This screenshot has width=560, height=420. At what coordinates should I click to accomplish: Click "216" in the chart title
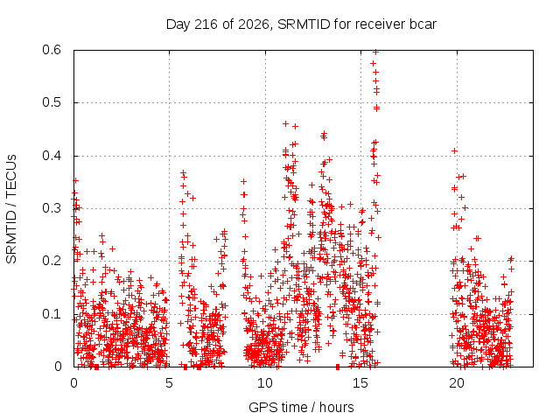[x=206, y=24]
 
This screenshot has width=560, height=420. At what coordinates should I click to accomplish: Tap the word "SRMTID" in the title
[x=304, y=24]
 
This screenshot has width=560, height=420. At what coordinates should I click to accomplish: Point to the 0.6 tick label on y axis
[x=52, y=50]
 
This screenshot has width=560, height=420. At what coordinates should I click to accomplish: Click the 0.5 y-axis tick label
[x=52, y=102]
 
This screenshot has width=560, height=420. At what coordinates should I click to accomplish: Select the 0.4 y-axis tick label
[x=52, y=156]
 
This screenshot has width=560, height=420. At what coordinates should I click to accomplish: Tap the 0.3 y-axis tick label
[x=52, y=208]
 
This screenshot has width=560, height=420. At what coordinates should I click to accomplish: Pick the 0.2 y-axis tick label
[x=52, y=261]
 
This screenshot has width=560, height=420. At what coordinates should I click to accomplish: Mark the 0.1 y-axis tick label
[x=52, y=314]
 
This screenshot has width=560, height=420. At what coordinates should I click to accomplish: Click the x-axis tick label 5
[x=169, y=383]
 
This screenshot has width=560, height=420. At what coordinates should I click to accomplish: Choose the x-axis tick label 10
[x=265, y=383]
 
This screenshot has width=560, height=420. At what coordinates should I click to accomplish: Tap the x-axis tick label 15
[x=360, y=383]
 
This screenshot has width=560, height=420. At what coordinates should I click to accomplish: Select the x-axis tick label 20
[x=457, y=383]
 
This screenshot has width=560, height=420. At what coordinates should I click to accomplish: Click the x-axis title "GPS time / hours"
[x=301, y=408]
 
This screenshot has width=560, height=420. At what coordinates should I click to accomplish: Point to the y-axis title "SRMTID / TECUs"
[x=11, y=209]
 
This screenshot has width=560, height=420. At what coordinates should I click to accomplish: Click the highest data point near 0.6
[x=375, y=52]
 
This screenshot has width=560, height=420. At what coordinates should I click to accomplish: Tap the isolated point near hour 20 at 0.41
[x=454, y=151]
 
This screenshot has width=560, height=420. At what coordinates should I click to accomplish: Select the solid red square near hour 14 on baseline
[x=338, y=367]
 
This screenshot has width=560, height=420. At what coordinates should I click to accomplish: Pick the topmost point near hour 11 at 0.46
[x=285, y=124]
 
